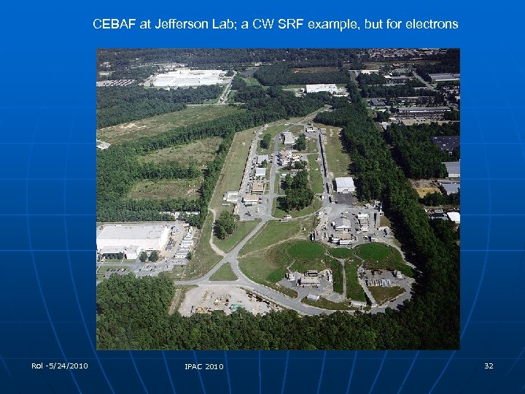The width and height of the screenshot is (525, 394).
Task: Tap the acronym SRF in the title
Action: point(289,24)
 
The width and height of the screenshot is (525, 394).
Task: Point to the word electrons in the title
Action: point(430,24)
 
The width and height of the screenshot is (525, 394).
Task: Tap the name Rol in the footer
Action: point(37,366)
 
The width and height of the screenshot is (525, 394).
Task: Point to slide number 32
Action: point(489,366)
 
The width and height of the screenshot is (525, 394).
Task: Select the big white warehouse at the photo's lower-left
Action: point(132,237)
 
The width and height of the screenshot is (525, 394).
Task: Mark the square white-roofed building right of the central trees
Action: point(344,185)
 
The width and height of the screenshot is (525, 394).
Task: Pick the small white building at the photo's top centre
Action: point(321,88)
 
